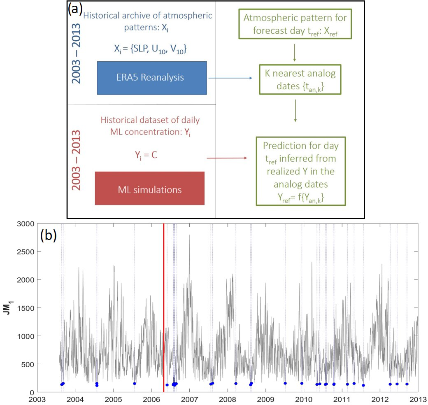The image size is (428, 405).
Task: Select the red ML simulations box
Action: point(149,189)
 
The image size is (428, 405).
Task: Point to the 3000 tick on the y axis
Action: point(26,223)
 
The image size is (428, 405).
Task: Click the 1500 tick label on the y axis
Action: point(26,308)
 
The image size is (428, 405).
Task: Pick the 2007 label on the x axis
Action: point(189,399)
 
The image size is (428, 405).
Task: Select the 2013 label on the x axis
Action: point(417,399)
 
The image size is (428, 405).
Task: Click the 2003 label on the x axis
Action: point(37,399)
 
